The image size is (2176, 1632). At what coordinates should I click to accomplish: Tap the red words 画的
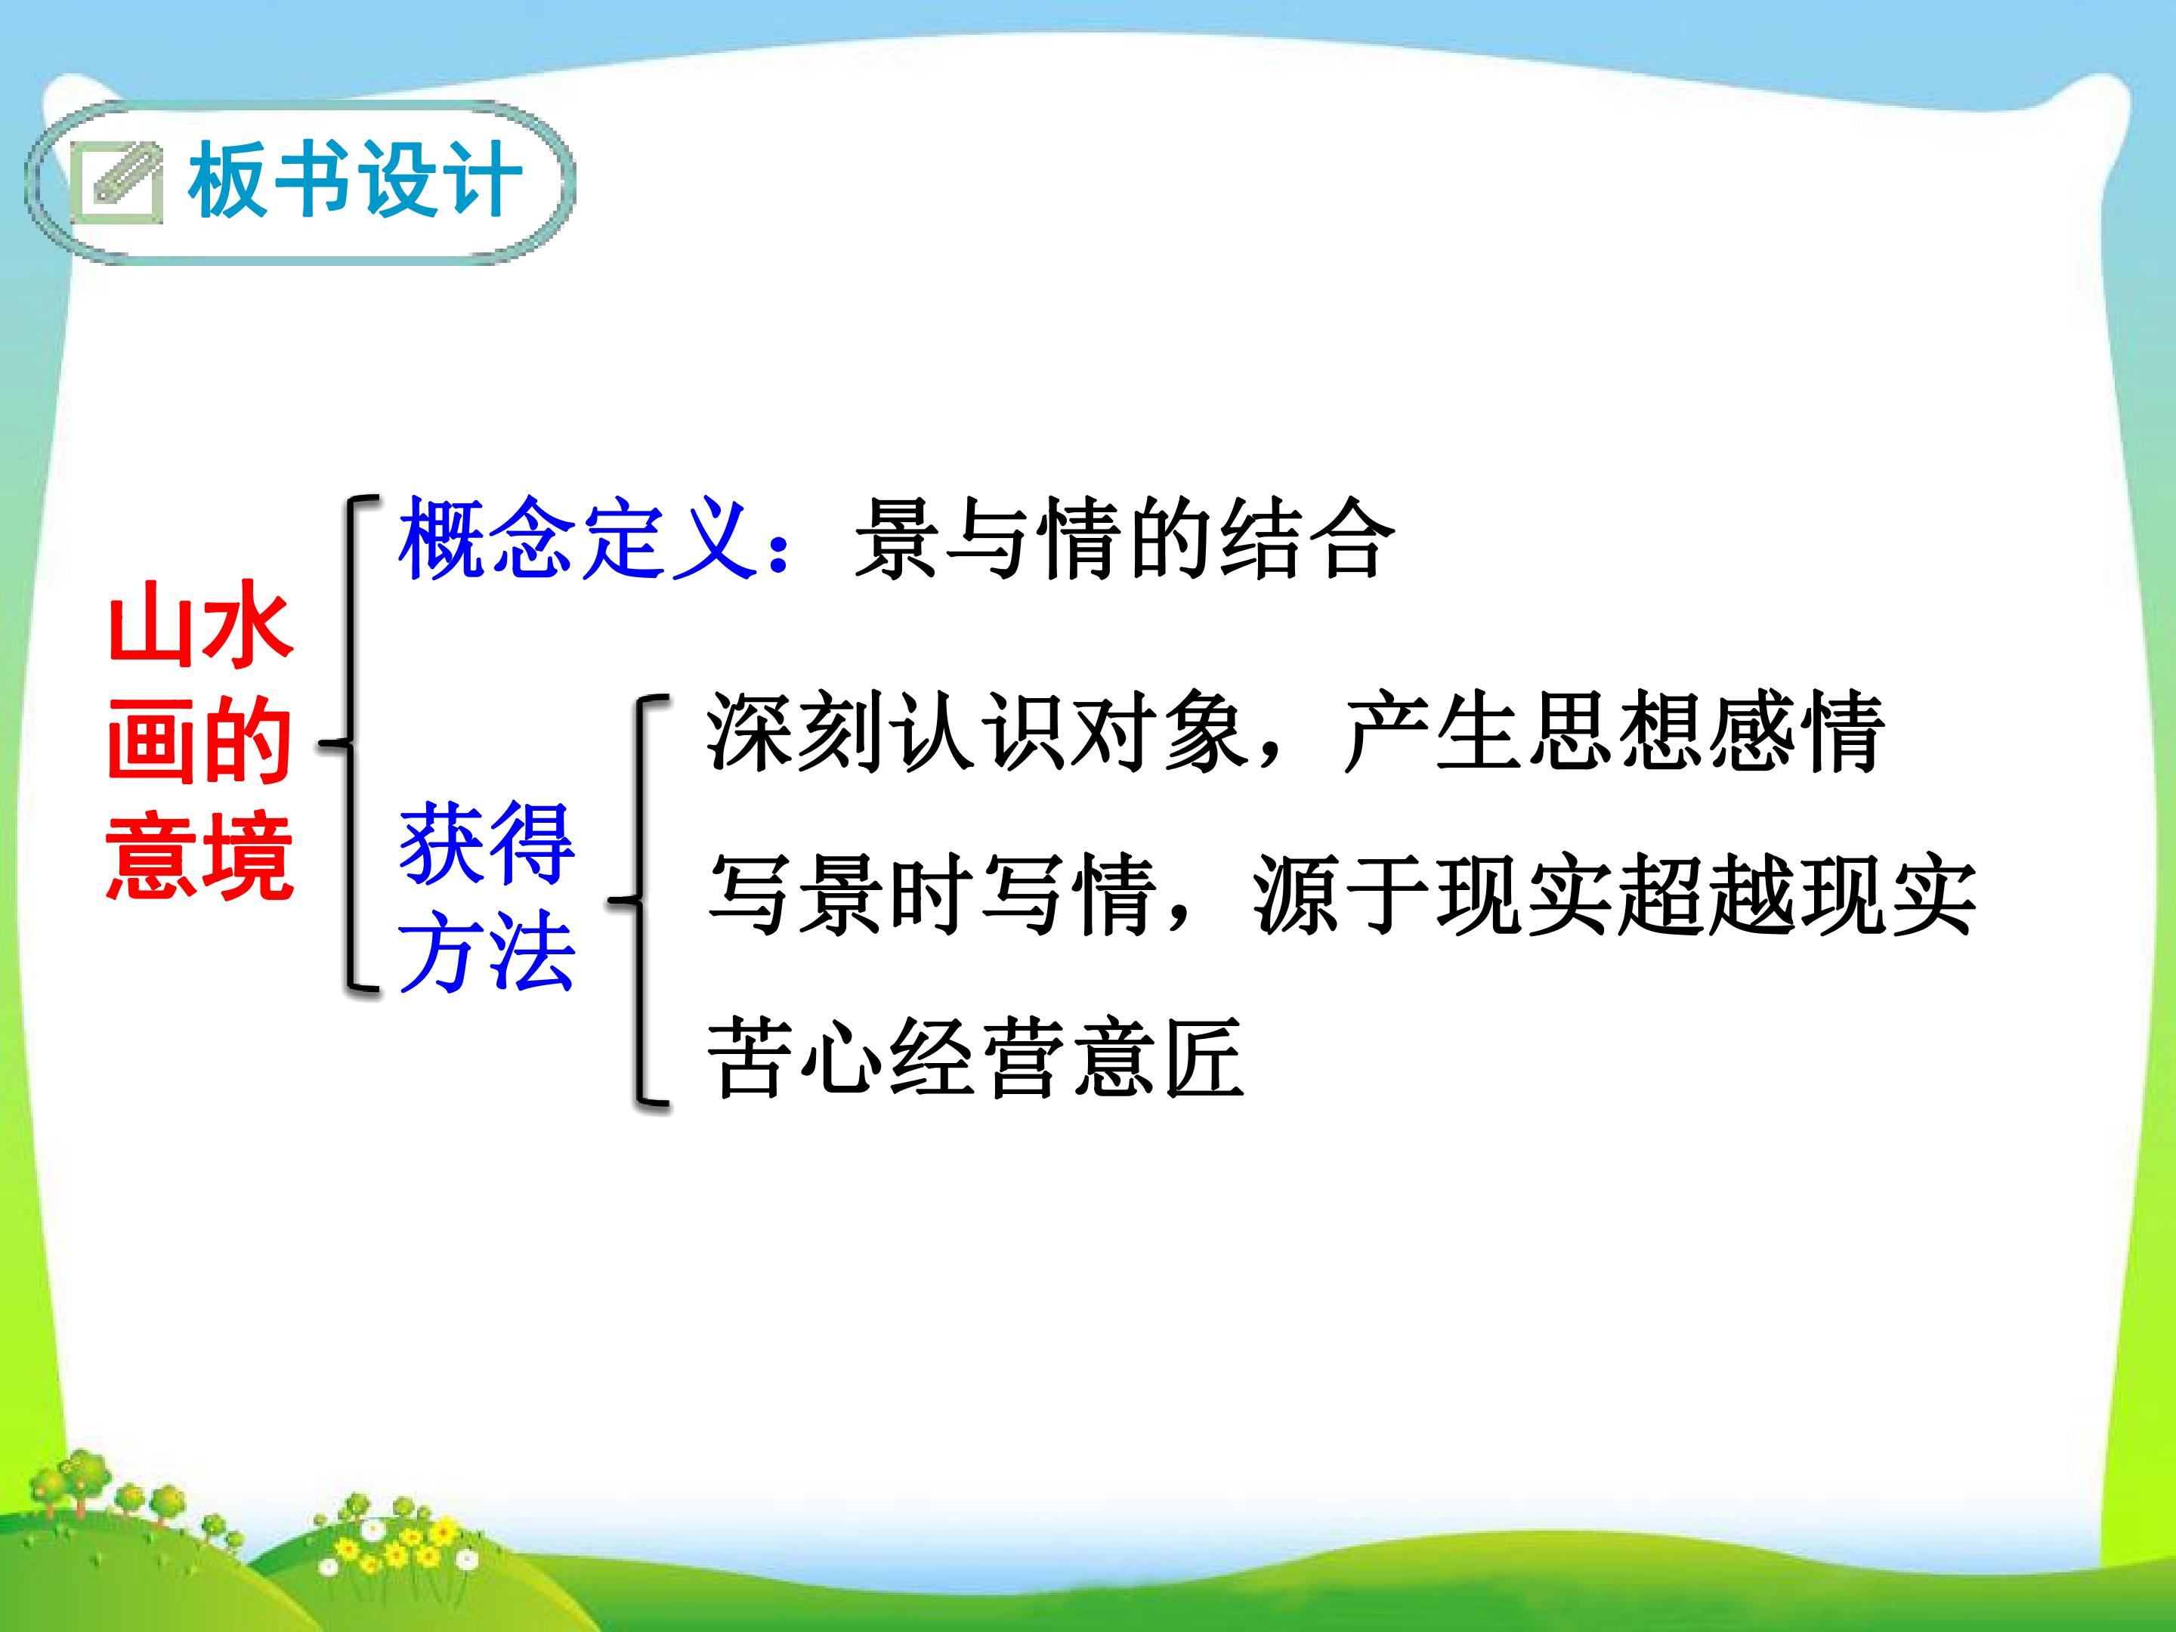[199, 740]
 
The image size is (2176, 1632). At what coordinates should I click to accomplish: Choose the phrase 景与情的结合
[1124, 537]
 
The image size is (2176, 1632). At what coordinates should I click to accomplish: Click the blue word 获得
[486, 843]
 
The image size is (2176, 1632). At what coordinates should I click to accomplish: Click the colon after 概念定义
[779, 550]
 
